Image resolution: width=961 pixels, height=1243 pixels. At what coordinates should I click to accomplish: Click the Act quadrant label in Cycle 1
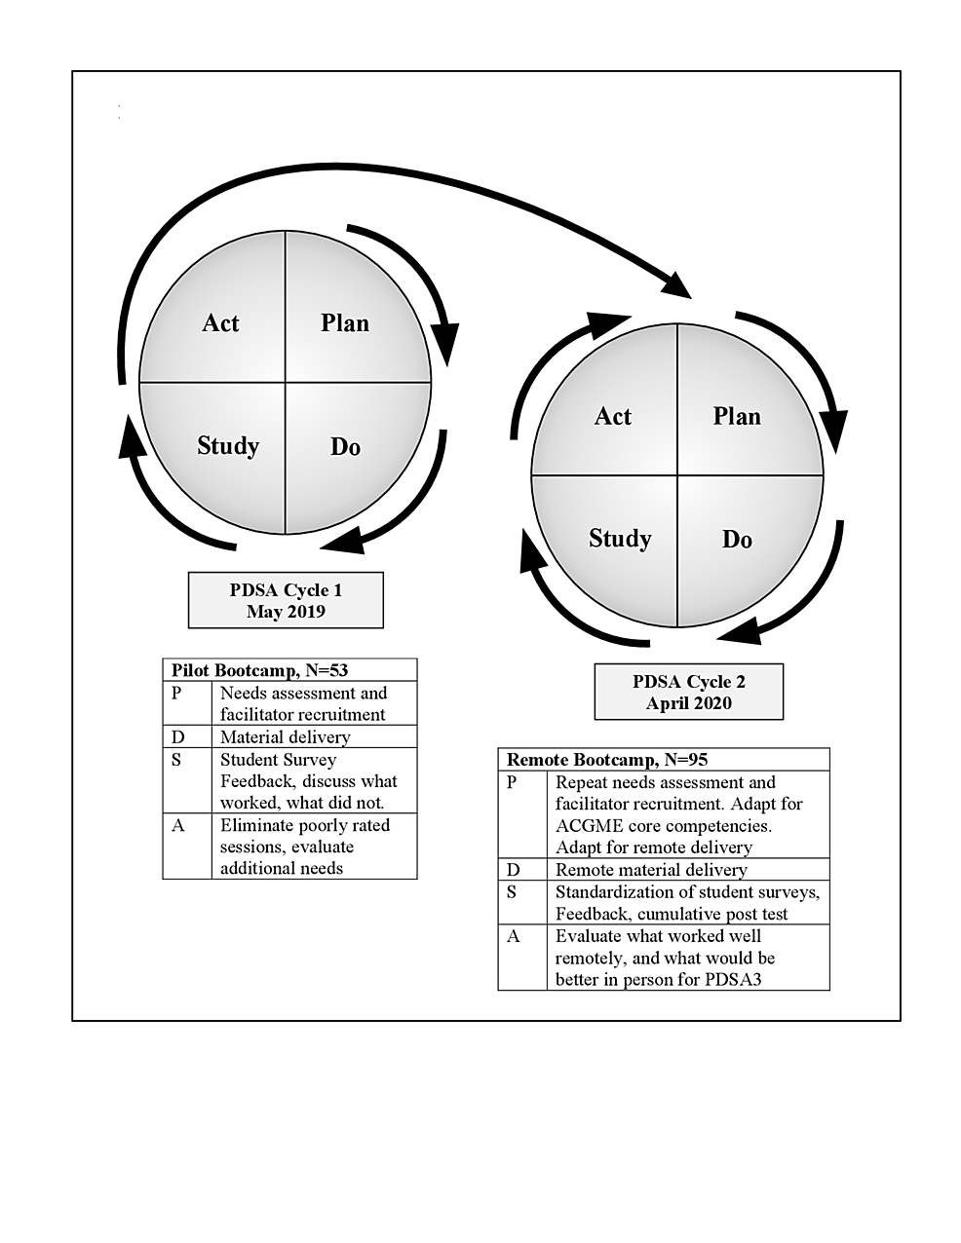pyautogui.click(x=220, y=323)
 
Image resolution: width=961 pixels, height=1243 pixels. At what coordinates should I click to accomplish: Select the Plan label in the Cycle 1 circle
pyautogui.click(x=345, y=323)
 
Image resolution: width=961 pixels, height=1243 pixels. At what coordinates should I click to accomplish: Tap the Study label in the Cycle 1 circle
pyautogui.click(x=228, y=446)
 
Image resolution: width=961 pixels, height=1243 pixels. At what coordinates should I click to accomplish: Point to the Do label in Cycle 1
pyautogui.click(x=345, y=447)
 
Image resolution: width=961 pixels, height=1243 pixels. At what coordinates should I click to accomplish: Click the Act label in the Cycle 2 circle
pyautogui.click(x=613, y=417)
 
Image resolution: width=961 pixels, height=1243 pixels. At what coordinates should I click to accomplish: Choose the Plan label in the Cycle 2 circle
pyautogui.click(x=737, y=417)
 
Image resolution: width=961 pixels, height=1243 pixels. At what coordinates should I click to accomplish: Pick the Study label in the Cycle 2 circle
pyautogui.click(x=620, y=539)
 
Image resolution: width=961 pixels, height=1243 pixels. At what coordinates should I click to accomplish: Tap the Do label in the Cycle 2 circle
pyautogui.click(x=737, y=540)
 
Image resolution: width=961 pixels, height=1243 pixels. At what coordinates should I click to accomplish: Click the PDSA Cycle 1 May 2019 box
pyautogui.click(x=286, y=601)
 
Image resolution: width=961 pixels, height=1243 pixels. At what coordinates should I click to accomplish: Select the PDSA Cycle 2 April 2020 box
pyautogui.click(x=688, y=693)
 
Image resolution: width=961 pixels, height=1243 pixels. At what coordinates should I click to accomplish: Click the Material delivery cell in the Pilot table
pyautogui.click(x=285, y=737)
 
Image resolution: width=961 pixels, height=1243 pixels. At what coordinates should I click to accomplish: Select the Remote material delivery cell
pyautogui.click(x=651, y=870)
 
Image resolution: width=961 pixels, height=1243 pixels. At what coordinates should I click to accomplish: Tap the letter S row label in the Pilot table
pyautogui.click(x=176, y=760)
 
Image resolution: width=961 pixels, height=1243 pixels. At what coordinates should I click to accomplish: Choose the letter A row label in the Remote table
pyautogui.click(x=514, y=936)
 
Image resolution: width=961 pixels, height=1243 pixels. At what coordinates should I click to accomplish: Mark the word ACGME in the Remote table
pyautogui.click(x=589, y=826)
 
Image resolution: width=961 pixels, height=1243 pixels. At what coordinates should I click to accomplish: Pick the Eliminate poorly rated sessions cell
pyautogui.click(x=304, y=846)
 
